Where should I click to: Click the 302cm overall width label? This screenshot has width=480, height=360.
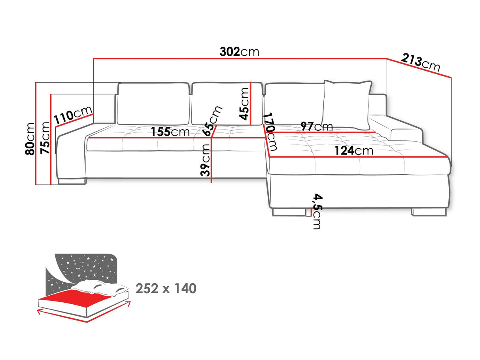(x=240, y=52)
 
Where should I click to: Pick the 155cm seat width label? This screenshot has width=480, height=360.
(x=170, y=132)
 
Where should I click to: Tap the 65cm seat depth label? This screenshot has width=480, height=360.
(x=213, y=121)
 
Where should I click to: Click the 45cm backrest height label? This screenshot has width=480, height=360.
(x=244, y=104)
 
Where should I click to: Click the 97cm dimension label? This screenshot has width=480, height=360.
(x=316, y=127)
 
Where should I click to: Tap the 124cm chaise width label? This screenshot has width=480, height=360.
(x=353, y=151)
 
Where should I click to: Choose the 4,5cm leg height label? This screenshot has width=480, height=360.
(x=317, y=211)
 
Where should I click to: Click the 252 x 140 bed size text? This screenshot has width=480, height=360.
(x=166, y=288)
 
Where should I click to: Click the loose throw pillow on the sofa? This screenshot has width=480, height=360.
(x=347, y=104)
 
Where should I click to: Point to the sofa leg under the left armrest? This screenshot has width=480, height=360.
(x=72, y=181)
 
